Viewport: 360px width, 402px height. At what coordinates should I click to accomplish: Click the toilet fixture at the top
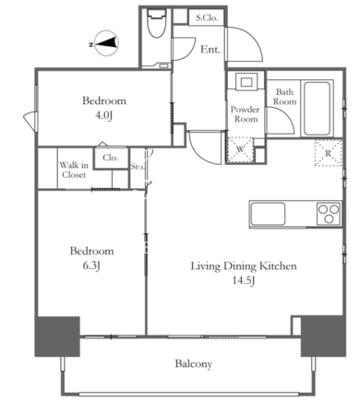pyautogui.click(x=156, y=23)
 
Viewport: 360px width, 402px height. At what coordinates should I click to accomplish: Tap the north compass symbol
pyautogui.click(x=106, y=43)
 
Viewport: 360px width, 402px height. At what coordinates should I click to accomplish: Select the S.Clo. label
pyautogui.click(x=207, y=18)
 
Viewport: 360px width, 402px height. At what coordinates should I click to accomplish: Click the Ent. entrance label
pyautogui.click(x=210, y=49)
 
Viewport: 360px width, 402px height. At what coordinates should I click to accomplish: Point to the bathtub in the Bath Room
pyautogui.click(x=317, y=108)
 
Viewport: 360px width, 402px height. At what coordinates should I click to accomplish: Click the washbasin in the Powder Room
pyautogui.click(x=246, y=82)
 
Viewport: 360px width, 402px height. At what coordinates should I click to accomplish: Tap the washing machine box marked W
pyautogui.click(x=240, y=149)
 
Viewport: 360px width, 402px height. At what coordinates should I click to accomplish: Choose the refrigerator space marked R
pyautogui.click(x=329, y=153)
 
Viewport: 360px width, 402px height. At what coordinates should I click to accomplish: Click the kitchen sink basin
pyautogui.click(x=268, y=214)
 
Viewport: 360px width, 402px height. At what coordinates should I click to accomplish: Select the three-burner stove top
pyautogui.click(x=329, y=214)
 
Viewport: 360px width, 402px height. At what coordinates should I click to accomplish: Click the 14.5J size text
pyautogui.click(x=245, y=280)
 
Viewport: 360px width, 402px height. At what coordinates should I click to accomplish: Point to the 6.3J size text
pyautogui.click(x=91, y=266)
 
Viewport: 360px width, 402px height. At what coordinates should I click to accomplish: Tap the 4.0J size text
pyautogui.click(x=103, y=115)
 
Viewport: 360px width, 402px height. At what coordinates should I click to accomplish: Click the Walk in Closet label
pyautogui.click(x=74, y=170)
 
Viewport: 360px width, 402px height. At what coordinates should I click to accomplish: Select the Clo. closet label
pyautogui.click(x=111, y=158)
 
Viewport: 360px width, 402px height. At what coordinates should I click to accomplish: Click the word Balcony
pyautogui.click(x=194, y=364)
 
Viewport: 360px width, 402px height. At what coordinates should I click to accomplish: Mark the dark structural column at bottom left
pyautogui.click(x=57, y=337)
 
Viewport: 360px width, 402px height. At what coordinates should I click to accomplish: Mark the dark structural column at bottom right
pyautogui.click(x=323, y=336)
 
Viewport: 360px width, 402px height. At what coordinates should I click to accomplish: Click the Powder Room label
pyautogui.click(x=246, y=114)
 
